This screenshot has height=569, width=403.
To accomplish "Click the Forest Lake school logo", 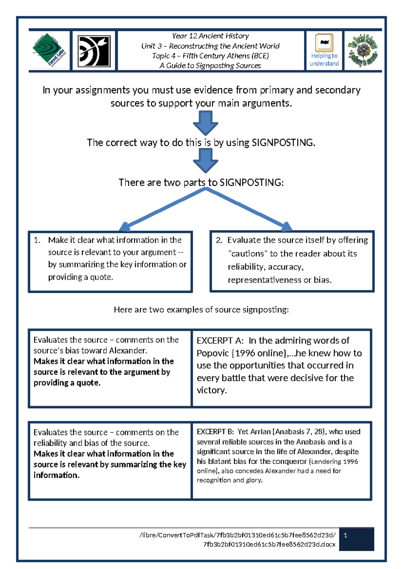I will (x=49, y=50).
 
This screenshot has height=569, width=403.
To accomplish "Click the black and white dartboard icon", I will (x=94, y=51).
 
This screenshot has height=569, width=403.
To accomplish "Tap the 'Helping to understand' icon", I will (x=324, y=50).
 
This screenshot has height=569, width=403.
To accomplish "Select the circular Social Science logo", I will (x=363, y=50).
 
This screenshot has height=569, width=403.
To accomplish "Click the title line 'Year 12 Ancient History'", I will (x=210, y=36).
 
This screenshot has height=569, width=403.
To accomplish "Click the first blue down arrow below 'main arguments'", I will (x=206, y=123).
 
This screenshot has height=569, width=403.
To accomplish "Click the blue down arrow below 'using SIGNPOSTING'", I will (x=206, y=160).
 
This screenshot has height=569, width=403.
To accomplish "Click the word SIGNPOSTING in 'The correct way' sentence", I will (x=283, y=143).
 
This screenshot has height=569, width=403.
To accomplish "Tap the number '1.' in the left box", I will (x=37, y=240).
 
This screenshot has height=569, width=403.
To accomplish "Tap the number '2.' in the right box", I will (x=219, y=240).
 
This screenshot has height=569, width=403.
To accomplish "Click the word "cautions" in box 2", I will (x=248, y=254).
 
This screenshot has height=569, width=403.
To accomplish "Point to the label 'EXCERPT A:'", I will (x=220, y=341).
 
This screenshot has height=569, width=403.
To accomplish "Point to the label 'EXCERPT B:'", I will (x=215, y=432).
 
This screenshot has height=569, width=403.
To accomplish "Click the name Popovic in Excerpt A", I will (x=213, y=353).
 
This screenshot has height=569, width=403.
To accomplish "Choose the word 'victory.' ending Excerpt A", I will (x=212, y=390).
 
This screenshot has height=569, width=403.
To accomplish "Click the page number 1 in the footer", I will (x=346, y=535).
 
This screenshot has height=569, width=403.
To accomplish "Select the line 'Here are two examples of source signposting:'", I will (x=201, y=310).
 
